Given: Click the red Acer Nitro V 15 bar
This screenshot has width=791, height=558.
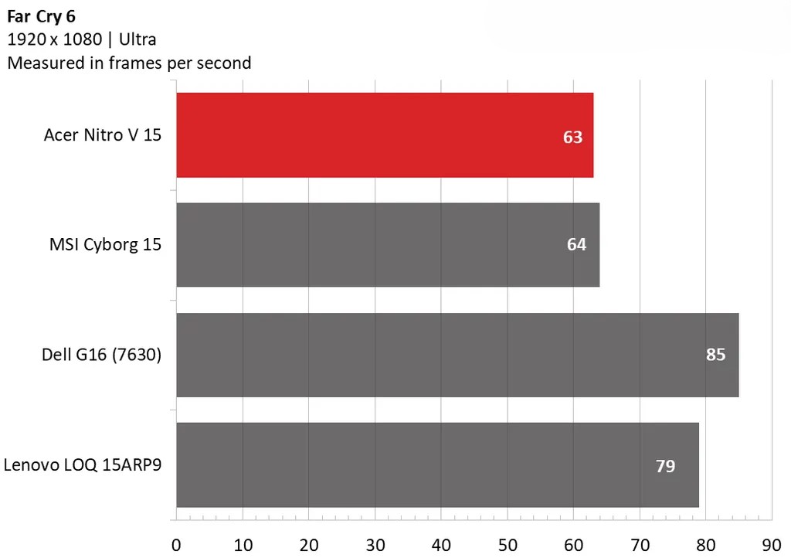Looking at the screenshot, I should point(385,135).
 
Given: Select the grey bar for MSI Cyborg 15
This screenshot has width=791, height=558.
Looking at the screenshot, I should point(388,245).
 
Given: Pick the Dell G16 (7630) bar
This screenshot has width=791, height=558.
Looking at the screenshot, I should point(457,355).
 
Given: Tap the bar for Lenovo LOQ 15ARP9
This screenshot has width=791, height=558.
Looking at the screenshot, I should point(437,465).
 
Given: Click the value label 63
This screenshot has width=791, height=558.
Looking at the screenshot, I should point(572,138).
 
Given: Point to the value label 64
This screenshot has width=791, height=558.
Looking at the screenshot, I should point(576,244).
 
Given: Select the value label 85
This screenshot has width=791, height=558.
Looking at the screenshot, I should point(716,356).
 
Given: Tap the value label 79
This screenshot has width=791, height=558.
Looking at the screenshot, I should point(665,466).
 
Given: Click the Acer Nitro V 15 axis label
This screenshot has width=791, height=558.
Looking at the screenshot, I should point(103,135).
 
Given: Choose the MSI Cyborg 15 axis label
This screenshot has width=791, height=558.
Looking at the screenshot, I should point(105,245).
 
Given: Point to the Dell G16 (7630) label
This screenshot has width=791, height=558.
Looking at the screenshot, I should point(101,356).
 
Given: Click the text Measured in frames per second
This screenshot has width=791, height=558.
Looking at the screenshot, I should point(129,63).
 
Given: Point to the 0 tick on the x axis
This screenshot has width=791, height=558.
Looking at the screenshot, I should point(176,544).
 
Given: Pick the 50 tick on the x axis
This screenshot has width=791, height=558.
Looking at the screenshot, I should point(508,544).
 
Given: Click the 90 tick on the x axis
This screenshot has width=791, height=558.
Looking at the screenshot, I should point(772,544).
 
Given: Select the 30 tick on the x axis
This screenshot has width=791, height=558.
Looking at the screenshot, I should point(375,544).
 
